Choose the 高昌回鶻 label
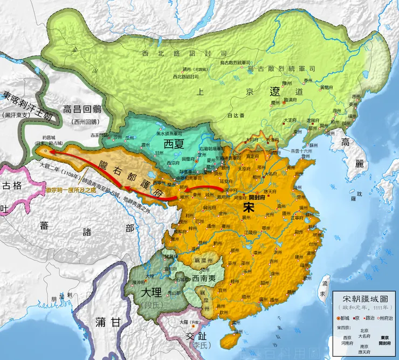coord(87,108)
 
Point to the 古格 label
coord(12,186)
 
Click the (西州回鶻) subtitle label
coord(87,120)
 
